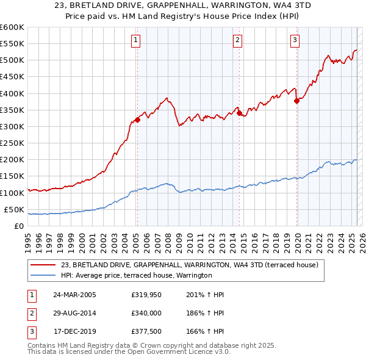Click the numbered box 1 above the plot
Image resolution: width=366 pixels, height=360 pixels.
coord(135,41)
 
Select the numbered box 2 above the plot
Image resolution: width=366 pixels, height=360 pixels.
coord(237,41)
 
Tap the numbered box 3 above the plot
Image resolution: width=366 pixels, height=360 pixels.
coord(295,41)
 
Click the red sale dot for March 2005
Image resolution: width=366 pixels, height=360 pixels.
coord(137,120)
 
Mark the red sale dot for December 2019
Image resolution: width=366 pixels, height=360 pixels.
coord(297,101)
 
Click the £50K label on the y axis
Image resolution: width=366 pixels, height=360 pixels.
coord(14,209)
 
